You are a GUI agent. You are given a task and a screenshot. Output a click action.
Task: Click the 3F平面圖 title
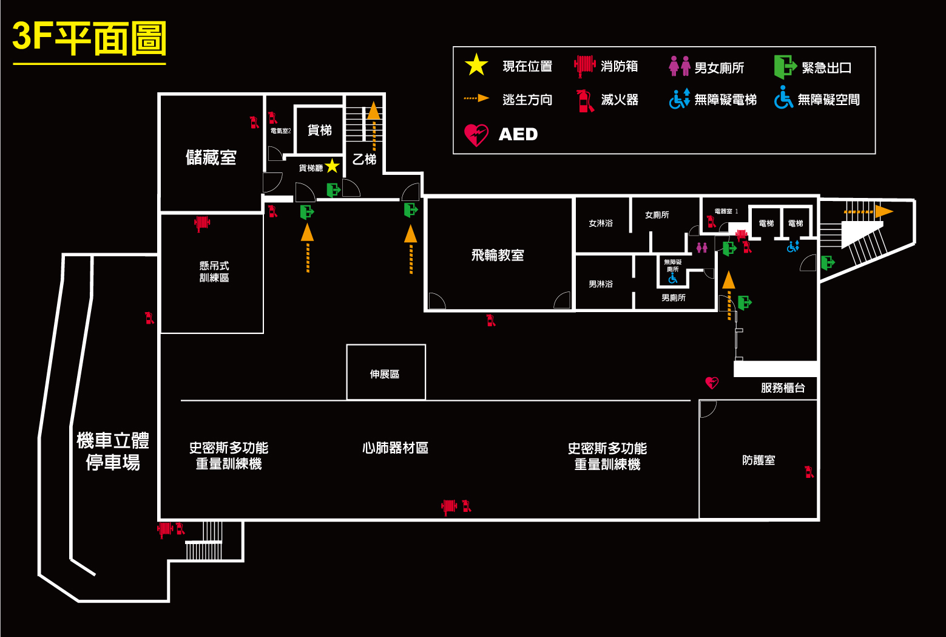[x=89, y=38]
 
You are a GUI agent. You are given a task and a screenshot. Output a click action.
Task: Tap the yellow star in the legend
[x=476, y=65]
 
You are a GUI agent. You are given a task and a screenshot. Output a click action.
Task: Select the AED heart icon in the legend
[x=476, y=135]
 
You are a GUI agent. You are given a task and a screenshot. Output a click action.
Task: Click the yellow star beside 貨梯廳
[x=332, y=166]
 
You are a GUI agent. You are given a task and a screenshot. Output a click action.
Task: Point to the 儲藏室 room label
[x=211, y=158]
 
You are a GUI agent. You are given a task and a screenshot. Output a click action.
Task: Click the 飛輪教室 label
[x=498, y=255]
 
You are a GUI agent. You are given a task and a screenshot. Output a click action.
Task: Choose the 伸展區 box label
[x=385, y=374]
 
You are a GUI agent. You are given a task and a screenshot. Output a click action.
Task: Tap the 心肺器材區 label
[x=395, y=448]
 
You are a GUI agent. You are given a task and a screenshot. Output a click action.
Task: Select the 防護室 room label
[x=758, y=460]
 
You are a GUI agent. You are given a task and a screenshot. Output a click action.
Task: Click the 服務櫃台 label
[x=783, y=388]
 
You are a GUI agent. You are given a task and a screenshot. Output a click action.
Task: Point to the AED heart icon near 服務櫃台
[x=712, y=383]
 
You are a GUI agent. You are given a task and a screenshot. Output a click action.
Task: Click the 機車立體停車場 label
[x=113, y=451]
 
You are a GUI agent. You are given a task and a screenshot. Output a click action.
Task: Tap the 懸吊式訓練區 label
[x=214, y=271]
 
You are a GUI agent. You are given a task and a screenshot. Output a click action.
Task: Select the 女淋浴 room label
[x=601, y=223]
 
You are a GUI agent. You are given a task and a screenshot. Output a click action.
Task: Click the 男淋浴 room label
[x=601, y=284]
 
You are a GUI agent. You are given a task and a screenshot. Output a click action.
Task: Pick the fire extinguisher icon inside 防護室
[x=808, y=472]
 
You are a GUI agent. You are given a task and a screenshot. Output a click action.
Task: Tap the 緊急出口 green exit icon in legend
[x=785, y=67]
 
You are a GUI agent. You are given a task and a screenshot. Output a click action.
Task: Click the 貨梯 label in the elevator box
[x=320, y=131]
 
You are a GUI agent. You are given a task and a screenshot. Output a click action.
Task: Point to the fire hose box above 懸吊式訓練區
[x=201, y=223]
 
